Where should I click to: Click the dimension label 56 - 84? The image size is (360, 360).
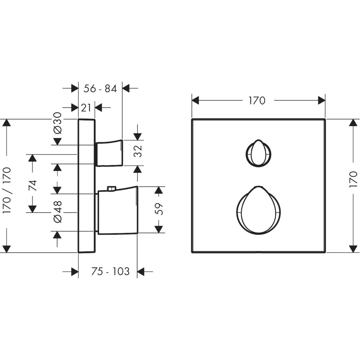point(100,89)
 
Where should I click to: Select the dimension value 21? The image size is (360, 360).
point(86,108)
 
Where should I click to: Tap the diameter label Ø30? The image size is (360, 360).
point(57,123)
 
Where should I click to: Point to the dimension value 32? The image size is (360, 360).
point(138,151)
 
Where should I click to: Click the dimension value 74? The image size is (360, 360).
point(33,185)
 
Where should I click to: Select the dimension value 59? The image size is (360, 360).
point(159,209)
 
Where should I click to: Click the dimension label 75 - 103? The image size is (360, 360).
point(111,271)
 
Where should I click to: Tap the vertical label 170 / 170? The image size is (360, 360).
point(6,190)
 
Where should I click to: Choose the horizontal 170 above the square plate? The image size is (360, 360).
point(257,100)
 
